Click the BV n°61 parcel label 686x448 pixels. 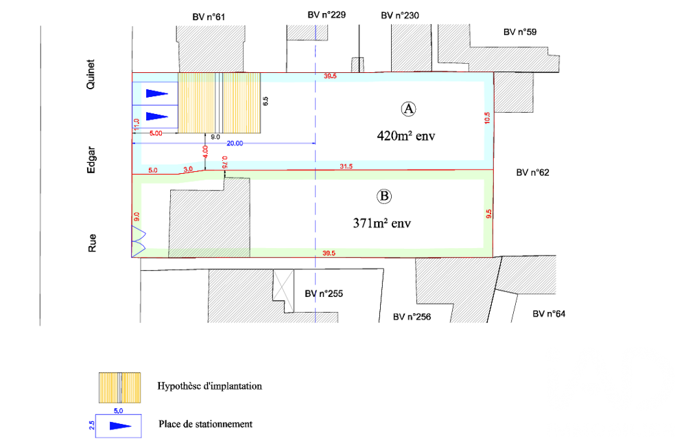click(x=209, y=17)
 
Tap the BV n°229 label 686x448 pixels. click(x=327, y=15)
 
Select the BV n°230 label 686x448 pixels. click(x=400, y=15)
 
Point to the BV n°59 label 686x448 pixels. click(x=520, y=32)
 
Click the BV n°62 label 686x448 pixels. click(x=532, y=172)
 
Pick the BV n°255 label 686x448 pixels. click(x=324, y=293)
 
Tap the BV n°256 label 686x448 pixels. click(x=412, y=317)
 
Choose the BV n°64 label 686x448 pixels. click(x=549, y=314)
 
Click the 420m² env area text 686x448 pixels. click(x=406, y=136)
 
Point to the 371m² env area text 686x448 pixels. click(x=382, y=223)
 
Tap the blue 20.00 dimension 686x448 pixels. click(x=235, y=144)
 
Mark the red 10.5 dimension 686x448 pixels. click(x=487, y=118)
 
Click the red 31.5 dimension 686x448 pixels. click(x=346, y=166)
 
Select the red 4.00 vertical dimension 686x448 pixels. click(x=205, y=152)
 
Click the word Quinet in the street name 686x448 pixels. click(x=91, y=74)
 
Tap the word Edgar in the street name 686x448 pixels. click(x=91, y=159)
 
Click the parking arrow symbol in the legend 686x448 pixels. click(x=120, y=426)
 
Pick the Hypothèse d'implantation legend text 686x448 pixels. click(x=209, y=386)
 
